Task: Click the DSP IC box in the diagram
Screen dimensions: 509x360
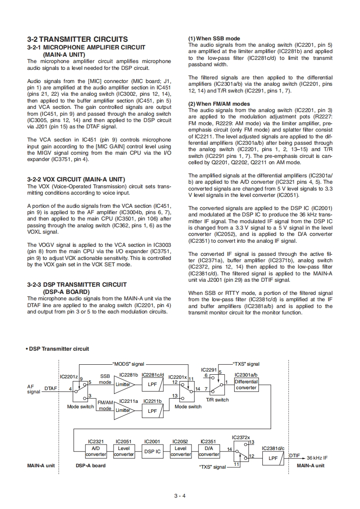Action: coord(152,451)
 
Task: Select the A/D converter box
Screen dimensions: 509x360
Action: coord(96,451)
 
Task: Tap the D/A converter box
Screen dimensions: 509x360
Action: coord(209,451)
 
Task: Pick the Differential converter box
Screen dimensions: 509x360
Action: coord(247,385)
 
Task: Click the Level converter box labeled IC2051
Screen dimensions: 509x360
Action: coord(123,451)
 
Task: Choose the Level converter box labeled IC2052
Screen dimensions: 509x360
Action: coord(180,451)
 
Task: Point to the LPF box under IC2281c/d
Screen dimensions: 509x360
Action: coord(152,385)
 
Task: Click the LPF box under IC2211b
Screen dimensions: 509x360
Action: coord(152,411)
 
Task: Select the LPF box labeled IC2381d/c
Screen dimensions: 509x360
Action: coord(273,458)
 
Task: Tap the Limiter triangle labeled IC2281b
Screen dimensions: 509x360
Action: coord(123,385)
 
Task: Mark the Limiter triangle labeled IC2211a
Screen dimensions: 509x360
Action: coord(123,410)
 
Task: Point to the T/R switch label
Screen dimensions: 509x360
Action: coord(217,400)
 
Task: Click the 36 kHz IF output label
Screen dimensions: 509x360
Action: coord(317,458)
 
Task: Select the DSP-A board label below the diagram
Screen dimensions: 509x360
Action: coord(90,465)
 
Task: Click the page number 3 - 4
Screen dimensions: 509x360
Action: coord(180,495)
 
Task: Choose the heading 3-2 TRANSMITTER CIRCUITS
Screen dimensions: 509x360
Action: coord(77,39)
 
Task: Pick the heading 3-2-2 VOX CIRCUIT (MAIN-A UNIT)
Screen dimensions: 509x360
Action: coord(76,179)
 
